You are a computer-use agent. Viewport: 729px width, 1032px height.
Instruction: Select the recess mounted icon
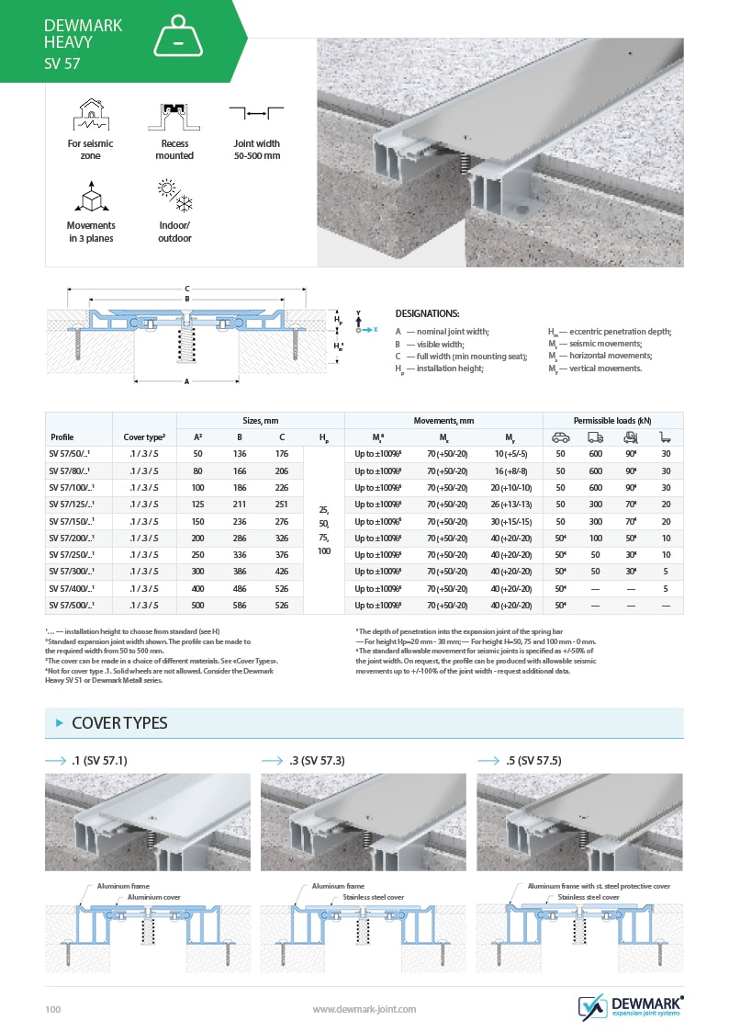[x=174, y=115]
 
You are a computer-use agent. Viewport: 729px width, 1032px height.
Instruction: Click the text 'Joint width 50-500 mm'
[x=256, y=150]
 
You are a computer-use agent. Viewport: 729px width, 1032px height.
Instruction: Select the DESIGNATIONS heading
[x=427, y=313]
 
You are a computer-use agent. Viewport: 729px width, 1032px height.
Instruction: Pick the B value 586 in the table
[x=240, y=606]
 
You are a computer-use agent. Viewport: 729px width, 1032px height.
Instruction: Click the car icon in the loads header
[x=559, y=437]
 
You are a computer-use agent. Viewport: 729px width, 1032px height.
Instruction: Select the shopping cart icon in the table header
[x=667, y=437]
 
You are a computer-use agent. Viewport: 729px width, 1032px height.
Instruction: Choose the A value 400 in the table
[x=197, y=589]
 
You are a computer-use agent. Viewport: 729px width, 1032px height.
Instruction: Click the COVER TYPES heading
[x=119, y=723]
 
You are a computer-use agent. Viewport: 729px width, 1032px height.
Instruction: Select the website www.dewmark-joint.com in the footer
[x=364, y=1009]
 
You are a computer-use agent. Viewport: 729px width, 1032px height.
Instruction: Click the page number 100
[x=53, y=1010]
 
